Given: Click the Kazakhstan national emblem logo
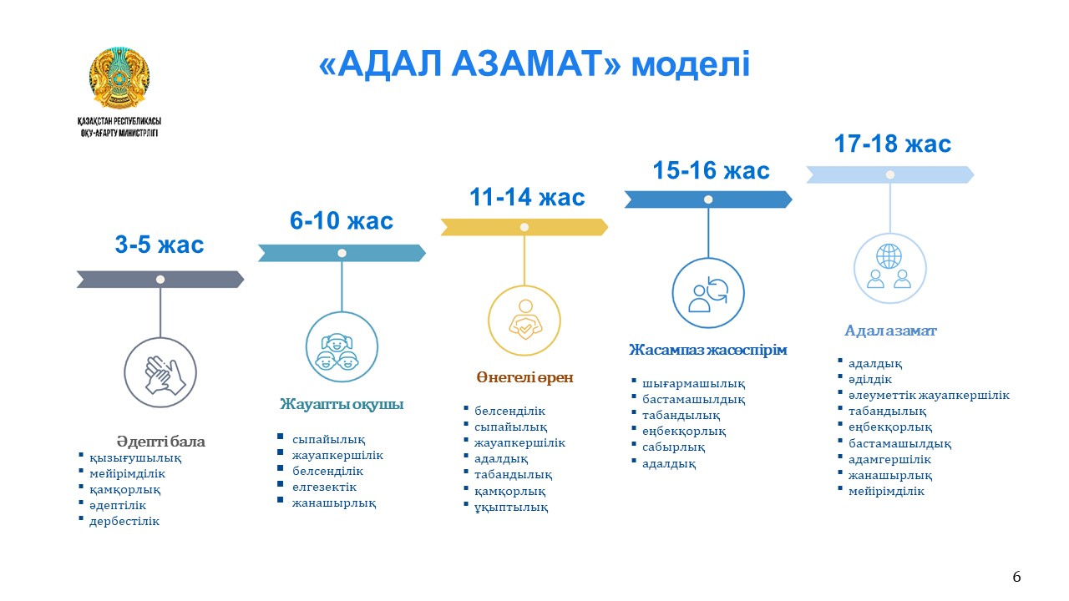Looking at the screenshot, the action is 119,78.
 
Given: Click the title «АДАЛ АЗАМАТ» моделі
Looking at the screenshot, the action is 534,64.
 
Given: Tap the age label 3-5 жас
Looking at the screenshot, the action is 160,245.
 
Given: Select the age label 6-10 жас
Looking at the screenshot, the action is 342,220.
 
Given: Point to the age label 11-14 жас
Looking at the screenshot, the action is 527,197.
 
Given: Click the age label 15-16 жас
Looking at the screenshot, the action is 711,170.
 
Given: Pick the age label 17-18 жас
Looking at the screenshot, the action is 893,144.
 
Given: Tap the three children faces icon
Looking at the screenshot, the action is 339,351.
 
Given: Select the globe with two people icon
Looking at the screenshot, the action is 889,265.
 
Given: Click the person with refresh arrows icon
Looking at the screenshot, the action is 708,294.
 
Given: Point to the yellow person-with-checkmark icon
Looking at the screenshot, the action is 525,320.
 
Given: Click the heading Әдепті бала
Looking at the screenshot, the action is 161,442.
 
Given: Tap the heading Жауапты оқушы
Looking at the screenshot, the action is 342,404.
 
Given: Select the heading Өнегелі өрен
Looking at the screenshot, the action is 525,377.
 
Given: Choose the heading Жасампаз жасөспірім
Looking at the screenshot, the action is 707,350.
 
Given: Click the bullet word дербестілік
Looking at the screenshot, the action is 124,521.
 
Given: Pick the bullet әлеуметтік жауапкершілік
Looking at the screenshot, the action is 929,396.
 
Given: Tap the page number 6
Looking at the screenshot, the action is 1016,577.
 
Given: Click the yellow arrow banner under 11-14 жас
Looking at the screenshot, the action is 524,227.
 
